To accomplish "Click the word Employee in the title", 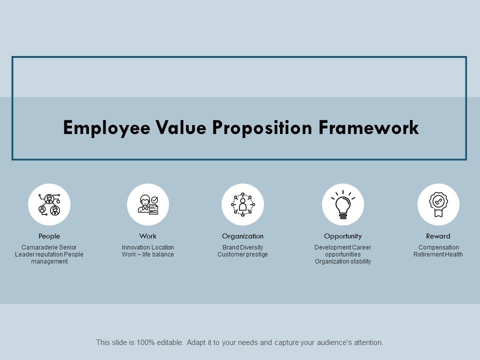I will pos(100,128).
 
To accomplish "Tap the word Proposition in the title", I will pos(262,128).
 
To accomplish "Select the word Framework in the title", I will pos(369,128).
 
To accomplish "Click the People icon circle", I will pos(49,204).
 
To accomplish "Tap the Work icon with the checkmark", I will pos(148,204).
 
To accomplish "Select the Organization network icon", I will pos(242,204).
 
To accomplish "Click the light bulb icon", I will pos(342,204).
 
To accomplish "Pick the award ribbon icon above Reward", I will pos(438,204).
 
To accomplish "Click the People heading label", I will pos(49,236).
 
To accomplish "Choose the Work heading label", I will pos(148,236).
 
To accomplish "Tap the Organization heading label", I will pos(242,236).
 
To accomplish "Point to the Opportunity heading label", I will pos(342,236).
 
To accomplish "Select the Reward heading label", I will pos(438,236).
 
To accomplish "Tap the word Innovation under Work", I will pos(135,247).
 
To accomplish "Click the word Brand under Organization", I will pos(230,247).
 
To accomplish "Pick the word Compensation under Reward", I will pos(438,247).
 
